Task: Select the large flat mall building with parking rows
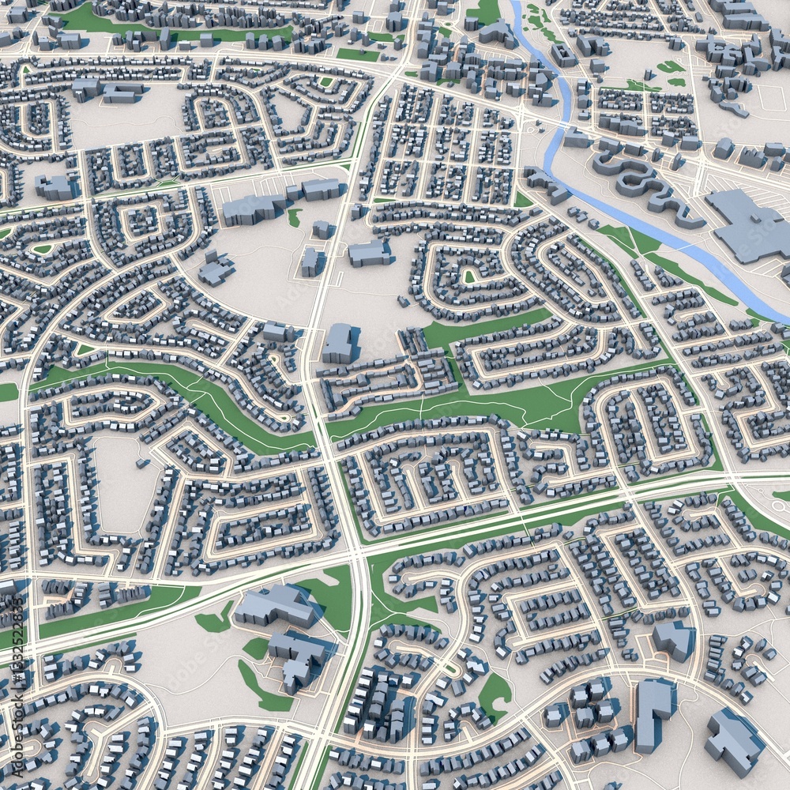pyautogui.click(x=747, y=225)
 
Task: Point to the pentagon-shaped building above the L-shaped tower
pyautogui.click(x=673, y=638)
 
